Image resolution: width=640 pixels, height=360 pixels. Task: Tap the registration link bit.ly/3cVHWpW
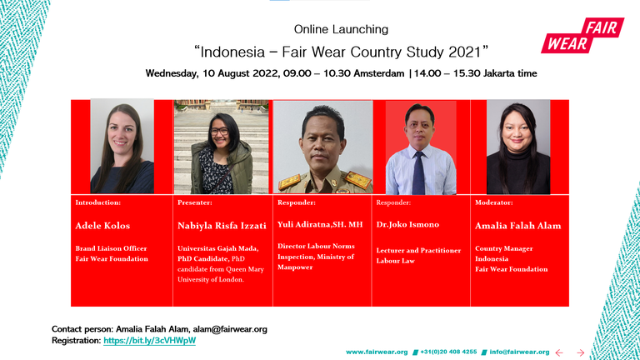click(x=150, y=341)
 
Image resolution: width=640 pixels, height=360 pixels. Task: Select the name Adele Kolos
click(x=102, y=226)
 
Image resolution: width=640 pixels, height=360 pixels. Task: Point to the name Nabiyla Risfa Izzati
click(x=221, y=226)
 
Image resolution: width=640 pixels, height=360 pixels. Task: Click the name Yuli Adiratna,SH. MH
click(x=320, y=226)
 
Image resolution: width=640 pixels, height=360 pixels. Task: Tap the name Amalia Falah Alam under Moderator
click(x=518, y=226)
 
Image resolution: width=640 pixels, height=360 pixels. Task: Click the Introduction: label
click(x=97, y=202)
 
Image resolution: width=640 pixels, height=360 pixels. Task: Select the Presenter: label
click(x=195, y=202)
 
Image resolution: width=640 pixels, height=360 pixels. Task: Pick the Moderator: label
click(x=494, y=202)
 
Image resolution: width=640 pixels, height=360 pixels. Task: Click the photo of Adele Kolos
click(x=122, y=147)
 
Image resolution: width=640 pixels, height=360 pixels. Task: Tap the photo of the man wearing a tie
click(x=420, y=148)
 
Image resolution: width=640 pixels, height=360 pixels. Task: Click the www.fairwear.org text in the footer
click(x=377, y=352)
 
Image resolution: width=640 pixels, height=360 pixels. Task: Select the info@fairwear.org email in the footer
click(x=519, y=352)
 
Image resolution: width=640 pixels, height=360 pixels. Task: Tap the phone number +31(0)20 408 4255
click(x=448, y=352)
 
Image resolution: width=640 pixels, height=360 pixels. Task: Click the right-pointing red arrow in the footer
click(x=581, y=352)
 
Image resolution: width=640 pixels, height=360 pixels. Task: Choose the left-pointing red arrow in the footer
click(x=560, y=352)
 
